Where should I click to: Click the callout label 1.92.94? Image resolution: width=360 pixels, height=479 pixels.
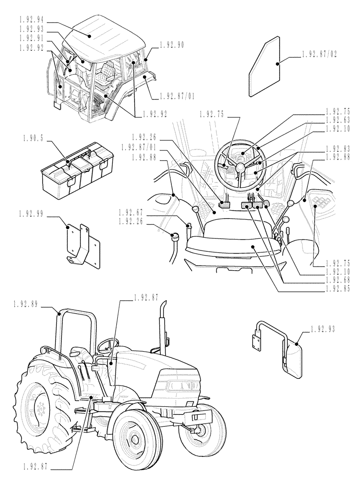click(33, 19)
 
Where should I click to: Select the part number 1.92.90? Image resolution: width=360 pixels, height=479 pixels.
click(173, 45)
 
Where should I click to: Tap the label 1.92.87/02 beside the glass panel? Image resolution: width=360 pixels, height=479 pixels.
click(320, 55)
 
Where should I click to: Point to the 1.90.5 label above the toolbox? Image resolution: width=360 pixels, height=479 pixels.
click(33, 138)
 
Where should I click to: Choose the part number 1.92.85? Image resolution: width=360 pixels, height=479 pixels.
click(337, 288)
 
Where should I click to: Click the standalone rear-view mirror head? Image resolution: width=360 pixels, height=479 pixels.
click(293, 355)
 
